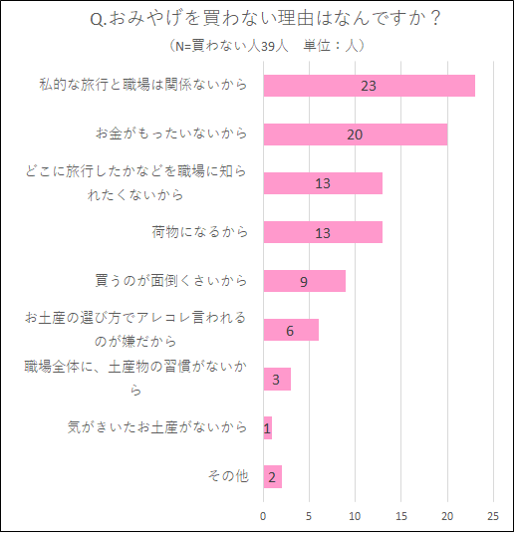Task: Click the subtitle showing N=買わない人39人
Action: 267,46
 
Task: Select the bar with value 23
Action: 369,86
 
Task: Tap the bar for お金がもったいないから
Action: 355,134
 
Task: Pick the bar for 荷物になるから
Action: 323,232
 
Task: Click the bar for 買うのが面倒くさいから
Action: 304,281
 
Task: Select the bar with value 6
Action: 290,330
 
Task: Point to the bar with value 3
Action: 277,379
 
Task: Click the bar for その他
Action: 272,476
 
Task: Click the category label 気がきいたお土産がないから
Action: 156,427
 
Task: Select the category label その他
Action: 227,476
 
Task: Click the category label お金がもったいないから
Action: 170,134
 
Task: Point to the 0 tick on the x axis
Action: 263,515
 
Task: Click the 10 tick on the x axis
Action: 355,515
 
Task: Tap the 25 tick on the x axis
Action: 493,515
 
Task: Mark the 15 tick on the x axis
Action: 401,515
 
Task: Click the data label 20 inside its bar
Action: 355,134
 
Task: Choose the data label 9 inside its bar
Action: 304,281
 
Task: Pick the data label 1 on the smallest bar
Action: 267,428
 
